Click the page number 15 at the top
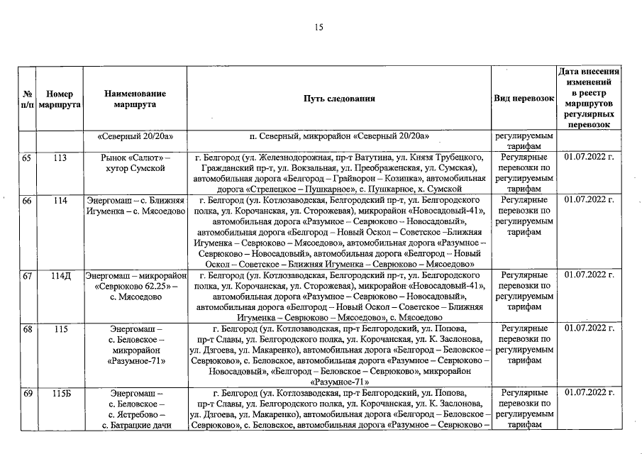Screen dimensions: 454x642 (x=319, y=28)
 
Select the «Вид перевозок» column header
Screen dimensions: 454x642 (x=524, y=99)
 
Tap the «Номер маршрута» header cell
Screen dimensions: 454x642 (x=60, y=99)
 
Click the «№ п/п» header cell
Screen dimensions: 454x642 (x=26, y=99)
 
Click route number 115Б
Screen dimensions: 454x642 (x=60, y=393)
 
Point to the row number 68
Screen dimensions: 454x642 (x=26, y=330)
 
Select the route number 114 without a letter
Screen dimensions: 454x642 (x=60, y=201)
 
